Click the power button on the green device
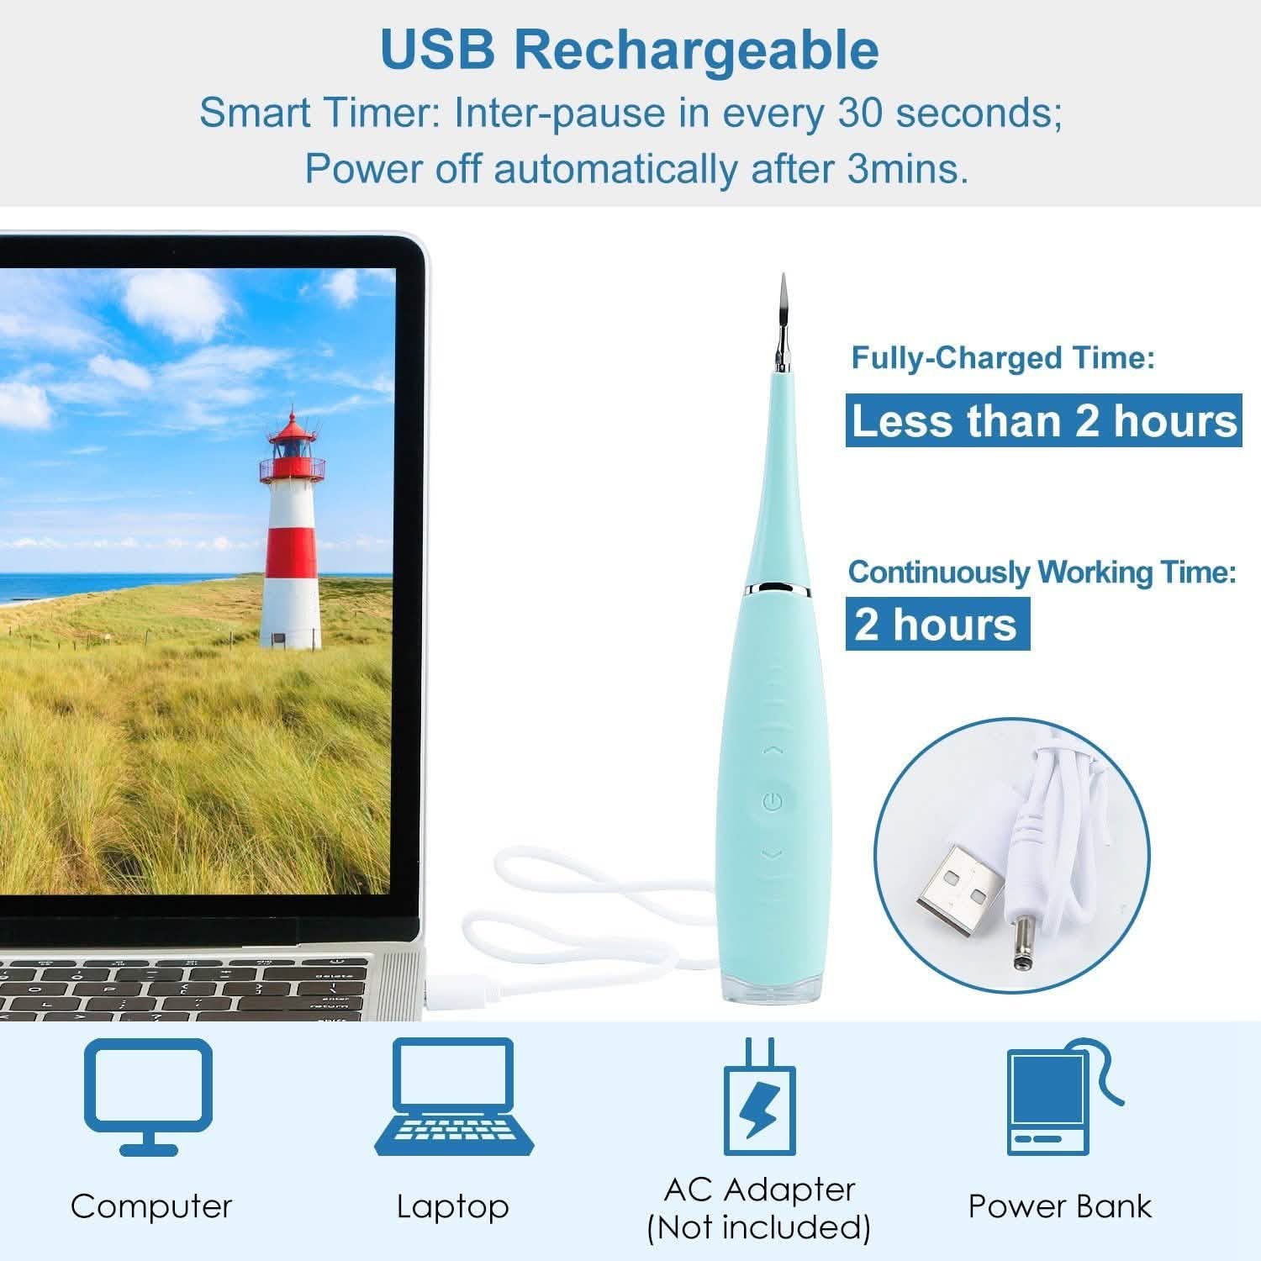pyautogui.click(x=773, y=801)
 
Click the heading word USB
pyautogui.click(x=437, y=50)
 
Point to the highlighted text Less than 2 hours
pyautogui.click(x=1044, y=420)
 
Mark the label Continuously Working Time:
pyautogui.click(x=1042, y=572)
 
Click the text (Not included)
pyautogui.click(x=758, y=1227)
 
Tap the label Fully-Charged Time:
pyautogui.click(x=1003, y=358)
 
